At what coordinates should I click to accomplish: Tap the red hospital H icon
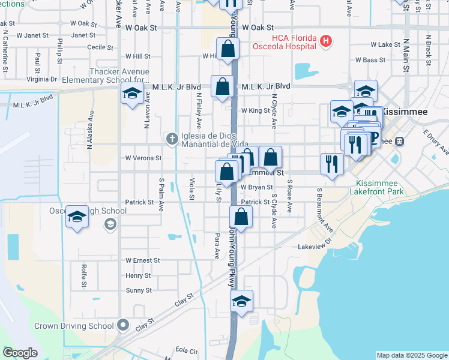(325, 41)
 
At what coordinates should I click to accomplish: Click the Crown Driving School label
(74, 326)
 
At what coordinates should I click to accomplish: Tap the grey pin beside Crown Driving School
(124, 326)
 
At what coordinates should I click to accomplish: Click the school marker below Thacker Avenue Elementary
(132, 94)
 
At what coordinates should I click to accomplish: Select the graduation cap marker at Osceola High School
(77, 217)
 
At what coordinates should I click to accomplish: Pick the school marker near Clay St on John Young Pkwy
(241, 301)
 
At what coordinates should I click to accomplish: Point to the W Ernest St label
(142, 260)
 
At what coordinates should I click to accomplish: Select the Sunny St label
(139, 290)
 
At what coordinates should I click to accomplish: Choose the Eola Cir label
(186, 350)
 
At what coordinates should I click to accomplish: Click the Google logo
(20, 353)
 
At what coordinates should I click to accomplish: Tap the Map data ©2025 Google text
(411, 355)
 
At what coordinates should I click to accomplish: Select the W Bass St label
(370, 60)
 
